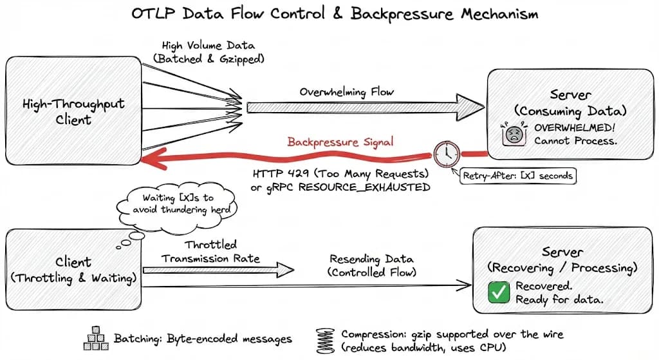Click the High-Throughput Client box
pyautogui.click(x=73, y=111)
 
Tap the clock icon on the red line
pyautogui.click(x=447, y=154)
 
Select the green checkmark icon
pyautogui.click(x=499, y=293)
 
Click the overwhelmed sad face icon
pyautogui.click(x=514, y=134)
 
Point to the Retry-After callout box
pyautogui.click(x=518, y=176)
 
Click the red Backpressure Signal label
pyautogui.click(x=340, y=142)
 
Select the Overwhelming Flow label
pyautogui.click(x=347, y=92)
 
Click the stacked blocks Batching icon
pyautogui.click(x=97, y=338)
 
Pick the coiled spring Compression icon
pyautogui.click(x=325, y=341)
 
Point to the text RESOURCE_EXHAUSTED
pyautogui.click(x=364, y=187)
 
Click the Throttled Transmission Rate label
pyautogui.click(x=210, y=252)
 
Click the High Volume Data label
pyautogui.click(x=209, y=46)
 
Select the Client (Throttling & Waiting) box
pyautogui.click(x=73, y=270)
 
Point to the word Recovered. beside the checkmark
pyautogui.click(x=544, y=286)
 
